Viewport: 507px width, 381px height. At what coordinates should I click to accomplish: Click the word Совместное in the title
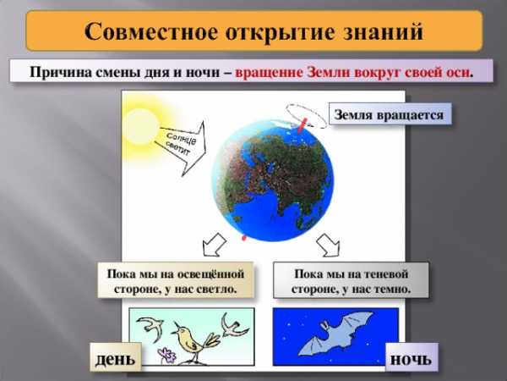tap(151, 32)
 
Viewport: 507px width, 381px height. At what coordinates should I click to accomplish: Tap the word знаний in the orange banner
tap(383, 32)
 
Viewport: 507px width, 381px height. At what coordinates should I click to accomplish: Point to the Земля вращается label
tap(390, 114)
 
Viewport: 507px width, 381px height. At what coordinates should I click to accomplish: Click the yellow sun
tap(141, 125)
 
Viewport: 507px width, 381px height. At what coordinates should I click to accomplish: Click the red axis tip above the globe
tap(303, 125)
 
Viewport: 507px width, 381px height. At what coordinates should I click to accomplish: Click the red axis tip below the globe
tap(244, 237)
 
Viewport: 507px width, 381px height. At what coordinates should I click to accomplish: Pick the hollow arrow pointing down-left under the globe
tap(214, 245)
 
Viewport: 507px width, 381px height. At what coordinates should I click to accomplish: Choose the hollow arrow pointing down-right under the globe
tap(329, 246)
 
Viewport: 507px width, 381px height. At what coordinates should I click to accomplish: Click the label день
tap(116, 359)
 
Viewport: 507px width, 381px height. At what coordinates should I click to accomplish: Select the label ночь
tap(412, 359)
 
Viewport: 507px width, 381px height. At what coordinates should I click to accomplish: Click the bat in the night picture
tap(335, 334)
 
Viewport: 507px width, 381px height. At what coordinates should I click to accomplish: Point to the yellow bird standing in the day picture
tap(194, 340)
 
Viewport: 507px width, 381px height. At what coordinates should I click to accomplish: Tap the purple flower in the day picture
tap(166, 355)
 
